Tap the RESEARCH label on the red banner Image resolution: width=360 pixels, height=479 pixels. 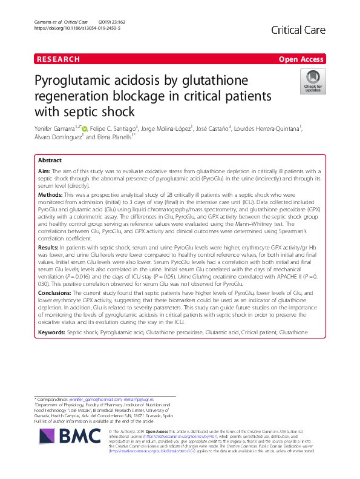58,59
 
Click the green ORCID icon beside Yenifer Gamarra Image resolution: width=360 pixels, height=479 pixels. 85,128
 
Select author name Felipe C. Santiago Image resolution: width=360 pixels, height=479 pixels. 113,128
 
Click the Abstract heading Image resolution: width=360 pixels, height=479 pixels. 50,161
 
